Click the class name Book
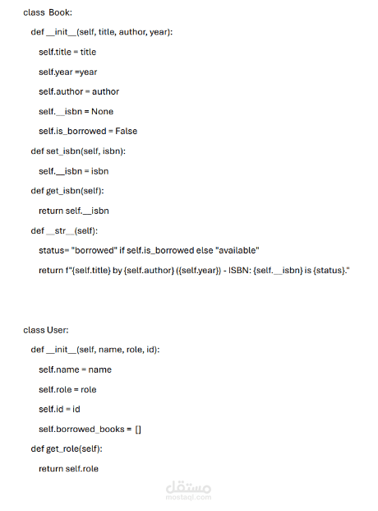click(59, 12)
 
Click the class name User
click(57, 330)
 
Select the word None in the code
click(102, 111)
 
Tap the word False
click(127, 131)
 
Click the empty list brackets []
click(138, 430)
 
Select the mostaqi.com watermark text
click(188, 497)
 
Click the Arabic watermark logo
click(188, 487)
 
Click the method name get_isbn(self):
click(76, 191)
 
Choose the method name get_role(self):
click(74, 448)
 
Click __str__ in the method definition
click(60, 230)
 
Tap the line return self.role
click(68, 469)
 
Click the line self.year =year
click(67, 72)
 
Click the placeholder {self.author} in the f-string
click(149, 270)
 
